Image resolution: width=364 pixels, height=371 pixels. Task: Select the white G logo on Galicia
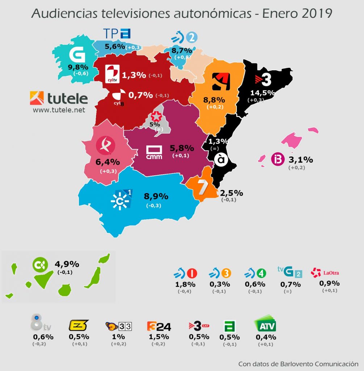click(77, 54)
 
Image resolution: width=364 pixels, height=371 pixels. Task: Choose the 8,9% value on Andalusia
click(156, 196)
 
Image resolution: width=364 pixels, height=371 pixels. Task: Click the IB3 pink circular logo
click(277, 160)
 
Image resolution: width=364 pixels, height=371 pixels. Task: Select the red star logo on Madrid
click(156, 116)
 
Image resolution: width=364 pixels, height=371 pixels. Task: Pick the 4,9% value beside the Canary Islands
click(67, 264)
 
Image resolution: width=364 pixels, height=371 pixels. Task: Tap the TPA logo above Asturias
click(116, 34)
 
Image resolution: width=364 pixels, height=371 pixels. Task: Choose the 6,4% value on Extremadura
click(108, 162)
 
